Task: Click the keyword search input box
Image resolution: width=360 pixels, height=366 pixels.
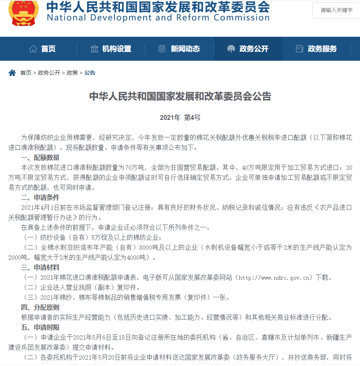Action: click(336, 10)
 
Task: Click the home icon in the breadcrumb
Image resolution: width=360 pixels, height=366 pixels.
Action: click(12, 73)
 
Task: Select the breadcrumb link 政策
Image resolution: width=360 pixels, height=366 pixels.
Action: click(72, 73)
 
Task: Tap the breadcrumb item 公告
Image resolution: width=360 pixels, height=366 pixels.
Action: click(90, 73)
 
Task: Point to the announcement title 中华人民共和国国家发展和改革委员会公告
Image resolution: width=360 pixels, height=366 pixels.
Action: click(180, 96)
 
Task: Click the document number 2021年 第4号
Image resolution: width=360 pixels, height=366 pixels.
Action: click(180, 117)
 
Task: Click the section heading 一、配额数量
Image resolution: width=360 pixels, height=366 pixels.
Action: click(40, 157)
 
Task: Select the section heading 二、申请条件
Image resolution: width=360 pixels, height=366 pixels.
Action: click(40, 197)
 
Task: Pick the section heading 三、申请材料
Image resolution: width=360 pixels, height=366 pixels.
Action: click(40, 267)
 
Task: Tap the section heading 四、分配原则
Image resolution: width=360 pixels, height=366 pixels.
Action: click(40, 307)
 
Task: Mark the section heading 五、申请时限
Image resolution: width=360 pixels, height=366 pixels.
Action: click(40, 327)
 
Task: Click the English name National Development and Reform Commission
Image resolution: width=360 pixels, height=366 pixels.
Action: click(158, 18)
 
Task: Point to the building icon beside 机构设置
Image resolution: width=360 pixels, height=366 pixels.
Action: click(94, 49)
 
